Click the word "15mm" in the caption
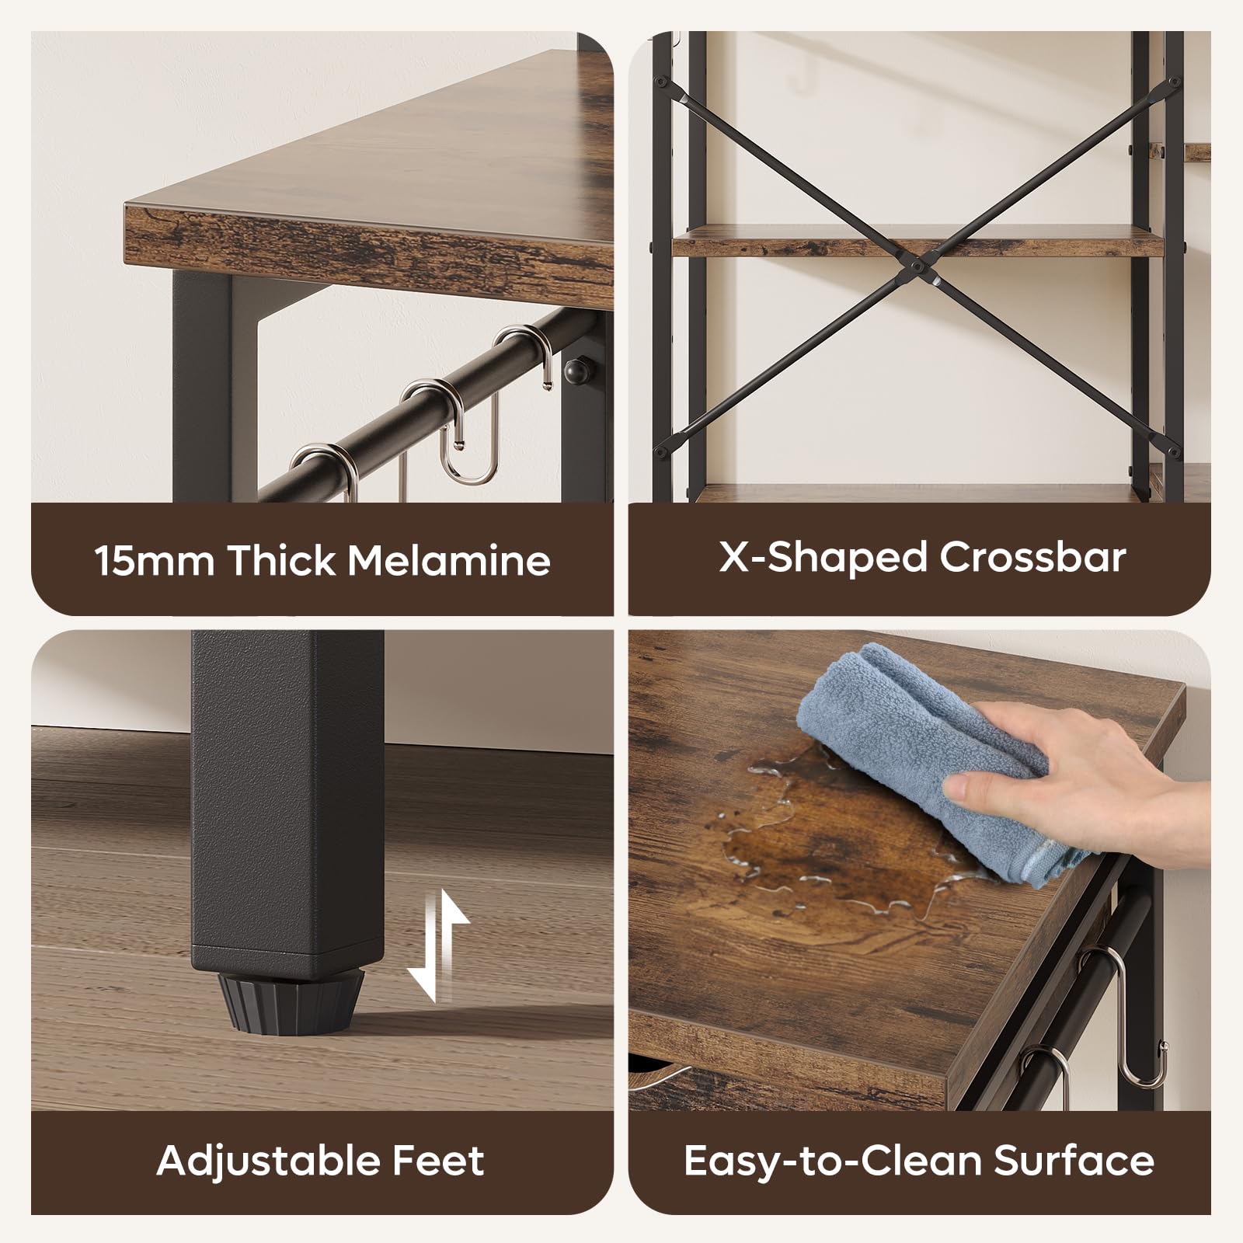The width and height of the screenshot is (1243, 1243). (x=154, y=560)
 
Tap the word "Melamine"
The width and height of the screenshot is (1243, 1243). (x=449, y=560)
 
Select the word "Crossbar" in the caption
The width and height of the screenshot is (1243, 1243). (x=1032, y=557)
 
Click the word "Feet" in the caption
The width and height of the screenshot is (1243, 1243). (x=438, y=1161)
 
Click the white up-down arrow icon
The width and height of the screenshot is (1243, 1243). (x=438, y=945)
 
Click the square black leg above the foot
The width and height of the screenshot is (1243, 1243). (x=287, y=800)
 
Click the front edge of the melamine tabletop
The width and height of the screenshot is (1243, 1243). (x=369, y=241)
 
